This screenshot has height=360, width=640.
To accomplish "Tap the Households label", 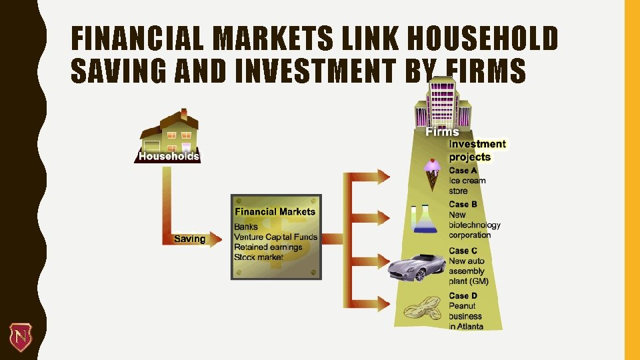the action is [168, 156].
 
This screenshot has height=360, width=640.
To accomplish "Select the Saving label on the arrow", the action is [190, 239].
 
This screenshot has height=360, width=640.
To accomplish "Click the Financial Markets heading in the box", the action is [275, 211].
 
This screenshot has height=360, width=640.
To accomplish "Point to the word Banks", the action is [246, 227].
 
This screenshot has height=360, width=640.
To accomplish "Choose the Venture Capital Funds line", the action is [275, 237].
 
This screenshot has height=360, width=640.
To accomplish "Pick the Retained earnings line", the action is [268, 247].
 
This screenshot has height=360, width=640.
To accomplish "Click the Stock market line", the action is [259, 257].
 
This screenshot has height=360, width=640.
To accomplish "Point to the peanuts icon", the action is [421, 310].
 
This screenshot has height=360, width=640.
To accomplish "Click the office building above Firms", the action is [443, 103].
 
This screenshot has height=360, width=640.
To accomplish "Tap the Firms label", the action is [443, 132].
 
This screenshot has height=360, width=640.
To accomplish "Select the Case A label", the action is [463, 171].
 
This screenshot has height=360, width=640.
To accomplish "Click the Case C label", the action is [463, 251].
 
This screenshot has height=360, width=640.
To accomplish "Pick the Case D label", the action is [463, 295].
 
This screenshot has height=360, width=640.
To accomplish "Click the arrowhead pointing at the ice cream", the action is [383, 177].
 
